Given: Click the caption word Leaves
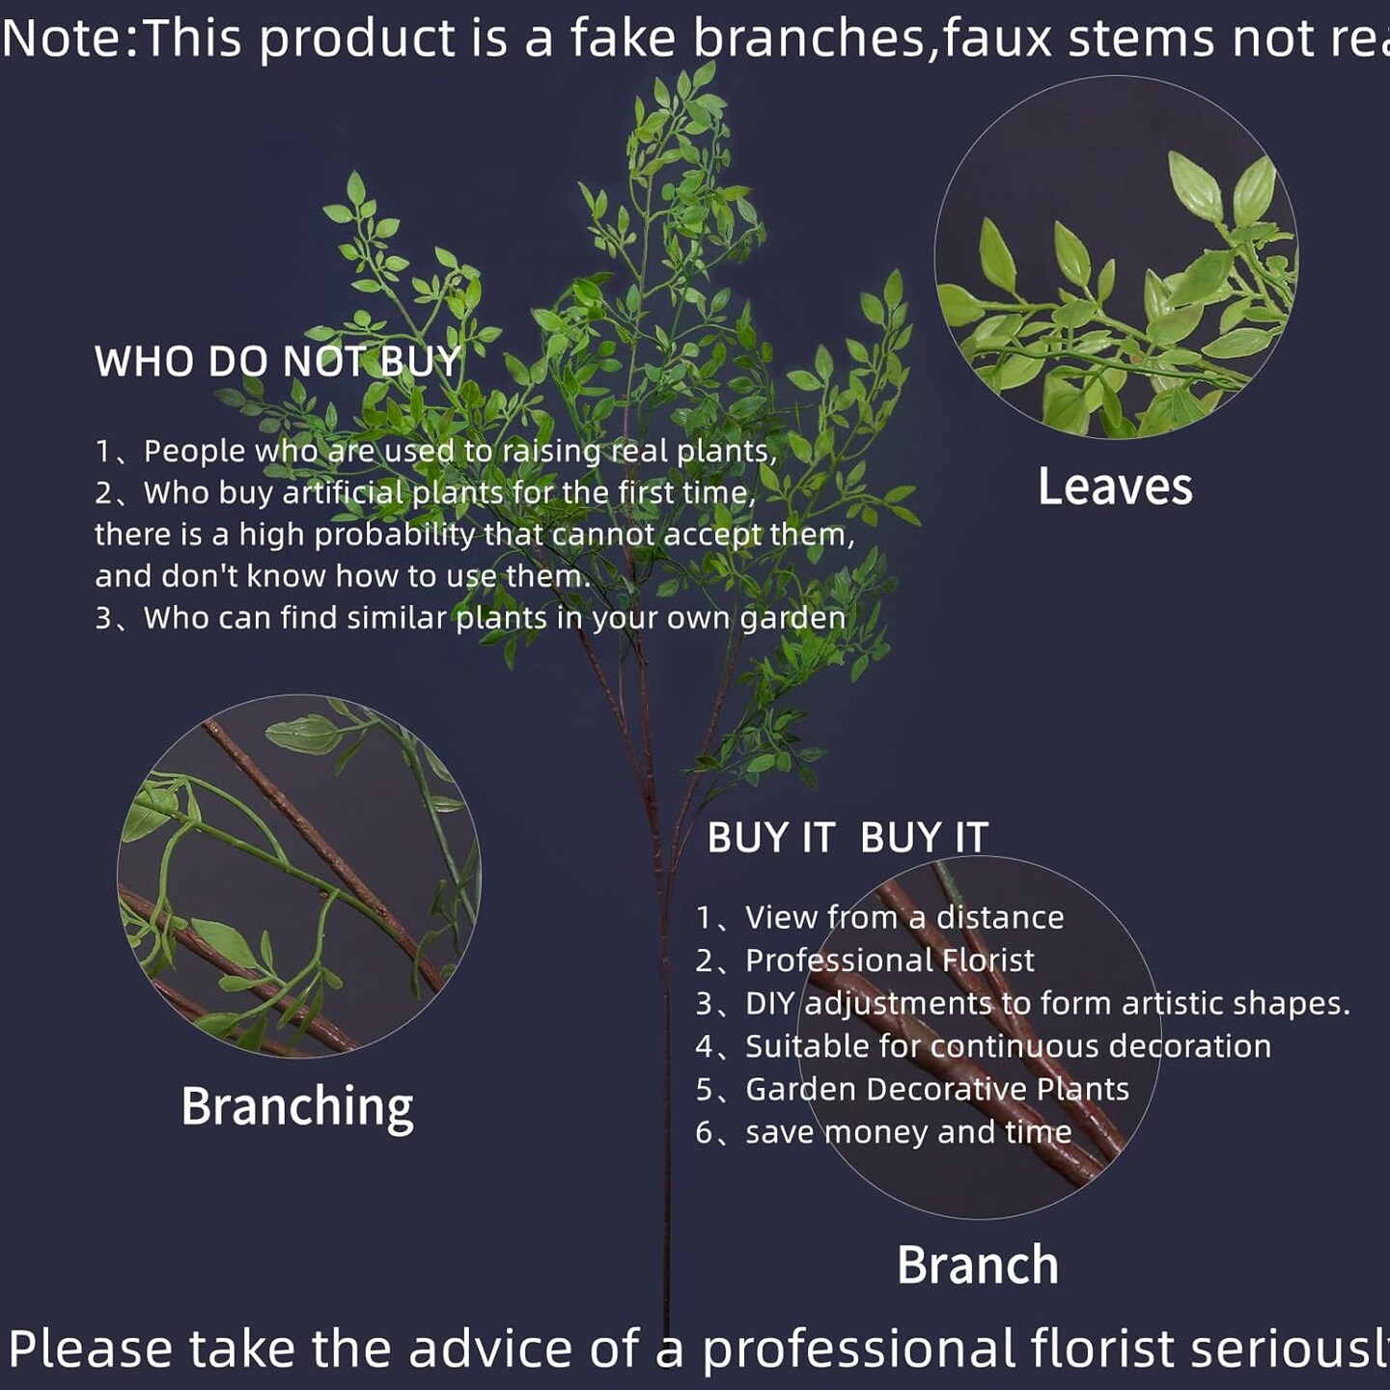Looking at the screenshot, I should tap(1115, 486).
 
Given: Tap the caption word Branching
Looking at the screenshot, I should tap(297, 1106).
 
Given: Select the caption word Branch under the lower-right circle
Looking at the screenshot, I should tap(978, 1265).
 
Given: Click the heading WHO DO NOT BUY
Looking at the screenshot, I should tap(278, 362).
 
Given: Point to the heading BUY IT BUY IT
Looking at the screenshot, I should tap(848, 838).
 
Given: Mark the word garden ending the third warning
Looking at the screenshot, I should tap(792, 619).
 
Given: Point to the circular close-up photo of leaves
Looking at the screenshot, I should tap(1116, 257).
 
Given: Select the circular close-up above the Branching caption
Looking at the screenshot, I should tap(299, 876).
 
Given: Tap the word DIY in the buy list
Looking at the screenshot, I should tap(769, 1004).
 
